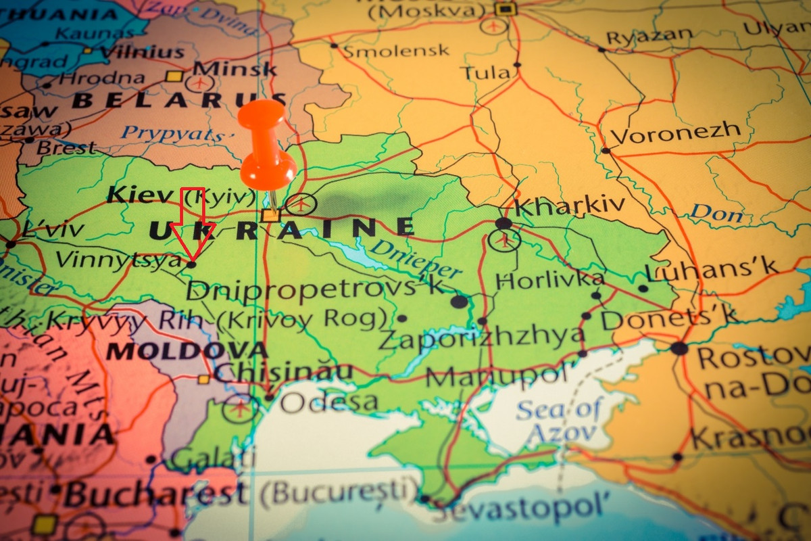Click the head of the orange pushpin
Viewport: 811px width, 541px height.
[262, 115]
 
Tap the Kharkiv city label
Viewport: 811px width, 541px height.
[570, 206]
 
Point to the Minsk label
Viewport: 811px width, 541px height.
[235, 68]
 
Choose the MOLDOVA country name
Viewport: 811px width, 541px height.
[187, 350]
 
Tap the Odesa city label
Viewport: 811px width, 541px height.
[328, 402]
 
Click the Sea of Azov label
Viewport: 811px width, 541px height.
[559, 421]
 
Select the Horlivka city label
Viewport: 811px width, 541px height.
[549, 279]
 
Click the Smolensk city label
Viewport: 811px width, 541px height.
[396, 51]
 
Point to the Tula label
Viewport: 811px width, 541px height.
[485, 72]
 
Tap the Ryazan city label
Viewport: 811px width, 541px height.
[649, 36]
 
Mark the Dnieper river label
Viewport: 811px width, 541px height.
[415, 258]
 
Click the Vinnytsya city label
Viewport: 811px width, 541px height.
[118, 260]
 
